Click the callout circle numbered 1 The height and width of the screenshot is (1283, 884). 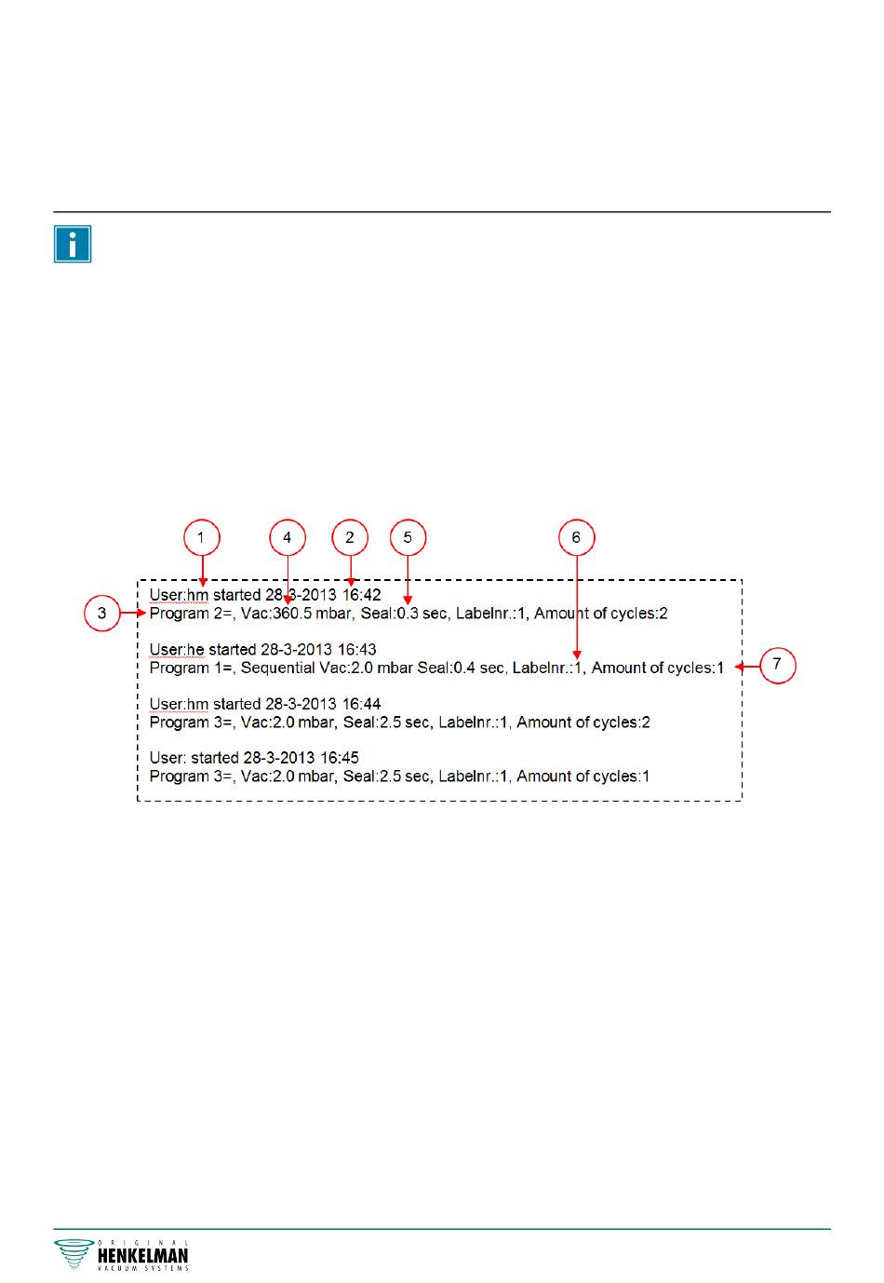(x=201, y=537)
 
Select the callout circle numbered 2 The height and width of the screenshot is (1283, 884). (x=350, y=537)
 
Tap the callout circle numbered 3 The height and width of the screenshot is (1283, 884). (x=102, y=614)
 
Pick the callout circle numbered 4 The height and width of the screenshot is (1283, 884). (x=288, y=537)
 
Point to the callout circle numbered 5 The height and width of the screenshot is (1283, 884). (x=408, y=537)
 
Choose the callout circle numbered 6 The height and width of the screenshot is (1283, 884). (x=576, y=537)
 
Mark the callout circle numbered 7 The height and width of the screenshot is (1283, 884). (x=778, y=666)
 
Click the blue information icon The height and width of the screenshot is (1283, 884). (x=73, y=244)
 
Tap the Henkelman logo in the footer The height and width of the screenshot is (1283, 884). (x=122, y=1255)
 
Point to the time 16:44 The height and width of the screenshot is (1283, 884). (x=362, y=704)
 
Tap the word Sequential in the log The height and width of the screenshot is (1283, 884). (x=278, y=668)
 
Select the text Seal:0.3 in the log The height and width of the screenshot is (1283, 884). (x=386, y=614)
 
